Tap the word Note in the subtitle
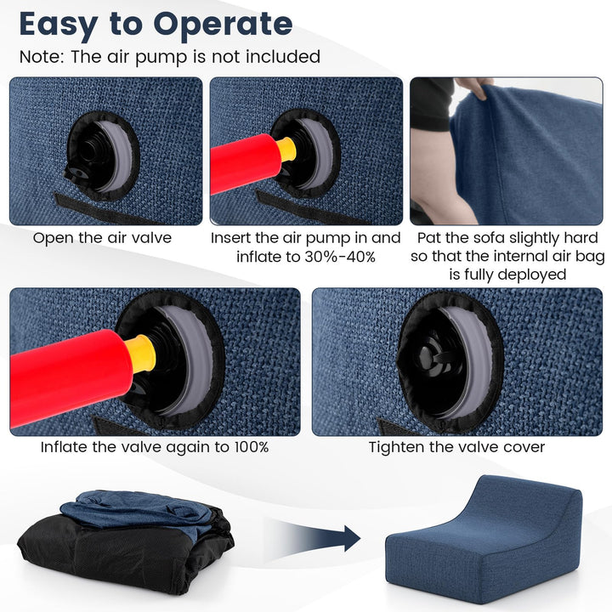pyautogui.click(x=42, y=57)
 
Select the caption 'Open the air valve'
pyautogui.click(x=102, y=238)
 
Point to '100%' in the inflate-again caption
pyautogui.click(x=247, y=447)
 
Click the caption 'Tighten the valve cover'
pyautogui.click(x=456, y=447)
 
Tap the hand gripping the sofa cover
pyautogui.click(x=475, y=88)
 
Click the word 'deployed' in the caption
pyautogui.click(x=534, y=275)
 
